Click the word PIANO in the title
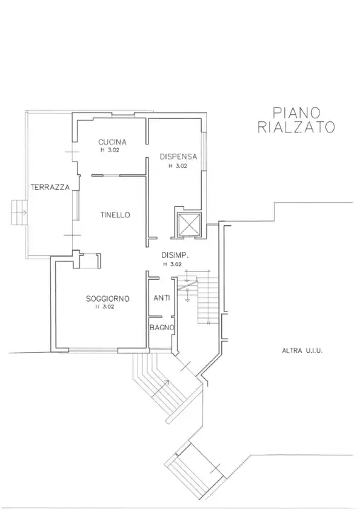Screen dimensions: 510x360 tap(297, 113)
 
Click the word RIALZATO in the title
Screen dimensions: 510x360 tap(297, 127)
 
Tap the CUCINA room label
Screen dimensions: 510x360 tap(112, 142)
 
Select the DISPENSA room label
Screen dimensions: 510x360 tap(177, 157)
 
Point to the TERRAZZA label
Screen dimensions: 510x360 tap(50, 187)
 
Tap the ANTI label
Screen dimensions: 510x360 tap(162, 298)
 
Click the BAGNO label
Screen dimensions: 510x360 tap(162, 327)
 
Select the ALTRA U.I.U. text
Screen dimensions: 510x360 tap(302, 351)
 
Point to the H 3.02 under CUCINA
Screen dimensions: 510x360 tap(112, 151)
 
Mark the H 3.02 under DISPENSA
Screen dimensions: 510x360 tap(177, 166)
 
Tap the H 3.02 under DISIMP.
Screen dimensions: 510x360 tap(172, 264)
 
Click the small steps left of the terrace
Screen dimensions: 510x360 tap(19, 211)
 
